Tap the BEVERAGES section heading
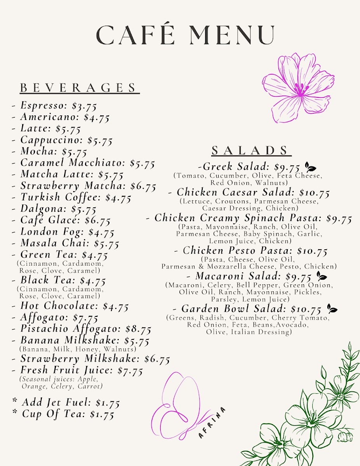pyautogui.click(x=79, y=88)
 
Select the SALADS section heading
pyautogui.click(x=251, y=150)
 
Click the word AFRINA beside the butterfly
pyautogui.click(x=212, y=423)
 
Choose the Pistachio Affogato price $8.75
pyautogui.click(x=138, y=329)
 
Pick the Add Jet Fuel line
pyautogui.click(x=66, y=403)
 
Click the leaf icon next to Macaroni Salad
pyautogui.click(x=322, y=276)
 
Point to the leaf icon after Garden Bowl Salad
pyautogui.click(x=332, y=309)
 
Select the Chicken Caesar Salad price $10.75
pyautogui.click(x=313, y=193)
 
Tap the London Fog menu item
pyautogui.click(x=52, y=232)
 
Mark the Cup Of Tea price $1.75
pyautogui.click(x=102, y=414)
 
